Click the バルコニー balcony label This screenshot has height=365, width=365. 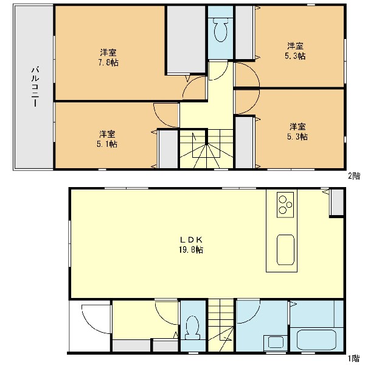click(35, 87)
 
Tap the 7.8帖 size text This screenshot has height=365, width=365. click(108, 63)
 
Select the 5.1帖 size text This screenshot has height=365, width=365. click(107, 144)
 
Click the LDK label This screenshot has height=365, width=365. click(192, 239)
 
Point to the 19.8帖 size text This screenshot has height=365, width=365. click(191, 250)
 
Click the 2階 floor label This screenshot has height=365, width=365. click(354, 176)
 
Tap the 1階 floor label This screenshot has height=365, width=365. click(354, 358)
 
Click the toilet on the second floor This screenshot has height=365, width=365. click(220, 30)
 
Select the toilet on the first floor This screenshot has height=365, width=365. click(192, 327)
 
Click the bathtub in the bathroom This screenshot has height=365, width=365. click(316, 340)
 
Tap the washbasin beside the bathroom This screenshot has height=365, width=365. click(276, 342)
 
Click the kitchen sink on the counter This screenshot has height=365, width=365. click(285, 250)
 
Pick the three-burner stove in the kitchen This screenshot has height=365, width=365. click(285, 205)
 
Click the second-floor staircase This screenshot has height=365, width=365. click(206, 149)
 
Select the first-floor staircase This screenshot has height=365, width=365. click(221, 325)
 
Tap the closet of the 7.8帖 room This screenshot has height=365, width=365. click(186, 39)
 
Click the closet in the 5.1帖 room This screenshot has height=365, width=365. click(169, 149)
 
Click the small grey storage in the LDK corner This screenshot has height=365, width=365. click(337, 202)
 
